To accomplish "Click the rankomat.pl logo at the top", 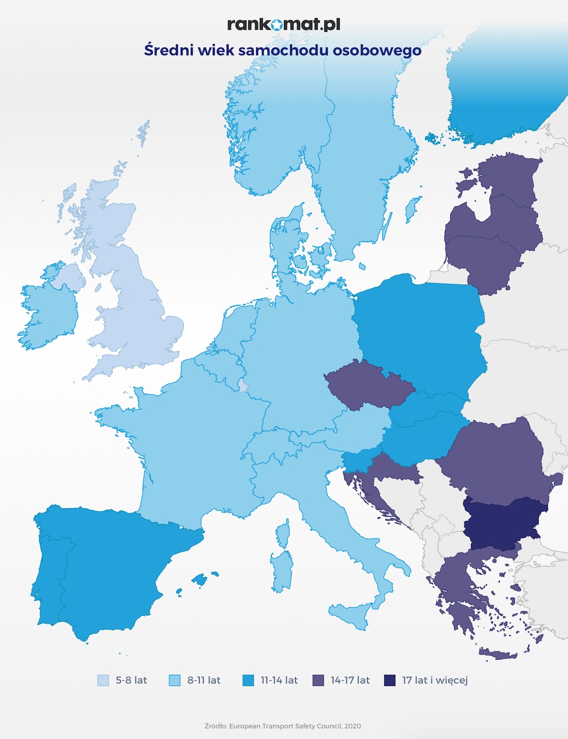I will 283,24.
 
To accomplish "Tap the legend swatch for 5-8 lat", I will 103,680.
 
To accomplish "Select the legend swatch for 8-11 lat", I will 174,680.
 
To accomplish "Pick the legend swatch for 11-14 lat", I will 248,680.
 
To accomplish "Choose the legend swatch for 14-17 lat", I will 318,680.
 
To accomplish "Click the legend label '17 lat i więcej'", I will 434,680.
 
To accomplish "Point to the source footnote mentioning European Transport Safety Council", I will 282,726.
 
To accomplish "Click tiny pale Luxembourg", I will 243,386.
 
